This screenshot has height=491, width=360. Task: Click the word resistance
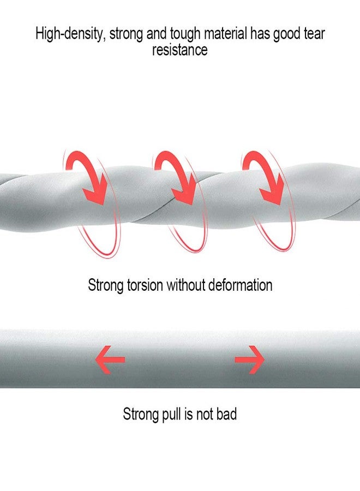tap(179, 50)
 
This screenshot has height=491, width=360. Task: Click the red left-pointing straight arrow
tap(110, 360)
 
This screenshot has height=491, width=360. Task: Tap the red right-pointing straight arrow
tap(249, 360)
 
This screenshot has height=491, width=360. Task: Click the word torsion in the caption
tap(145, 285)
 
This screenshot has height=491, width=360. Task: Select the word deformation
tap(240, 285)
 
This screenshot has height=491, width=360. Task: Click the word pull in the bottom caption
tap(170, 414)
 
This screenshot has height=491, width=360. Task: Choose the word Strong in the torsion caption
tap(106, 286)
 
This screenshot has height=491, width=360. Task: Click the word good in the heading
tap(286, 34)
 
